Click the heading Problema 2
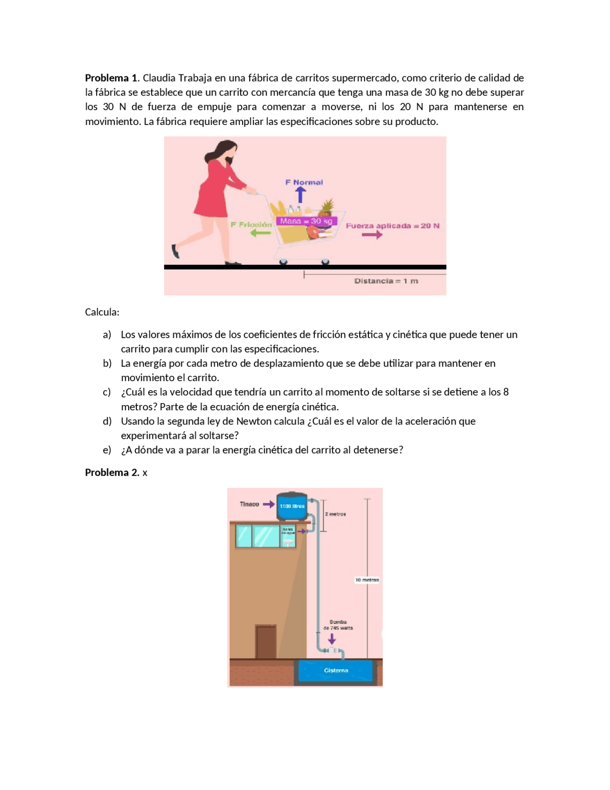click(112, 472)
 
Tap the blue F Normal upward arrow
click(300, 195)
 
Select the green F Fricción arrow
click(260, 233)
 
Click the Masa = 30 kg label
click(306, 221)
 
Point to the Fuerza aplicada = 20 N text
click(392, 226)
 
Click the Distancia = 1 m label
click(386, 281)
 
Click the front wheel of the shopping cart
click(325, 261)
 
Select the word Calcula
click(102, 312)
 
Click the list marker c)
click(107, 392)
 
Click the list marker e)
click(107, 450)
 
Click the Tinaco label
click(249, 504)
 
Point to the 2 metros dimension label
click(335, 514)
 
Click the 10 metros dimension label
click(367, 580)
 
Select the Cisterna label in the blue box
click(336, 670)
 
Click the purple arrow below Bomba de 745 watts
click(332, 638)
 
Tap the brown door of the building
click(266, 642)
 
